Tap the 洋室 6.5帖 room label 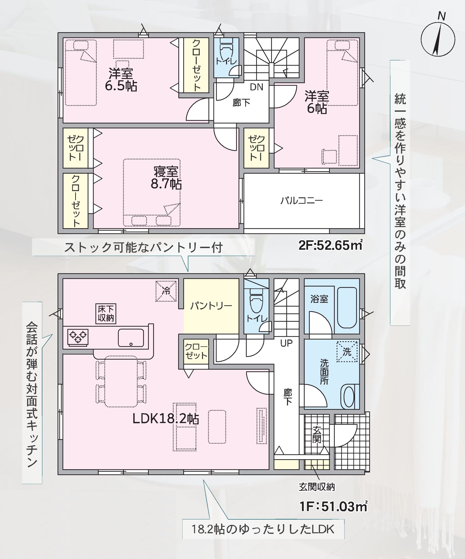point(121,79)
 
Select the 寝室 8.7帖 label point(166,178)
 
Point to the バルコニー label point(301,200)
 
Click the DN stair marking point(256,87)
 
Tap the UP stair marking point(286,343)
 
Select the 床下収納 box point(106,313)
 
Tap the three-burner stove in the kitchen point(78,338)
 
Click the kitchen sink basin point(131,338)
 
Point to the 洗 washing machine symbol point(347,352)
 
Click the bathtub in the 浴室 point(347,308)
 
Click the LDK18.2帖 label point(165,419)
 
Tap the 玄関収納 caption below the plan point(317,487)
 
